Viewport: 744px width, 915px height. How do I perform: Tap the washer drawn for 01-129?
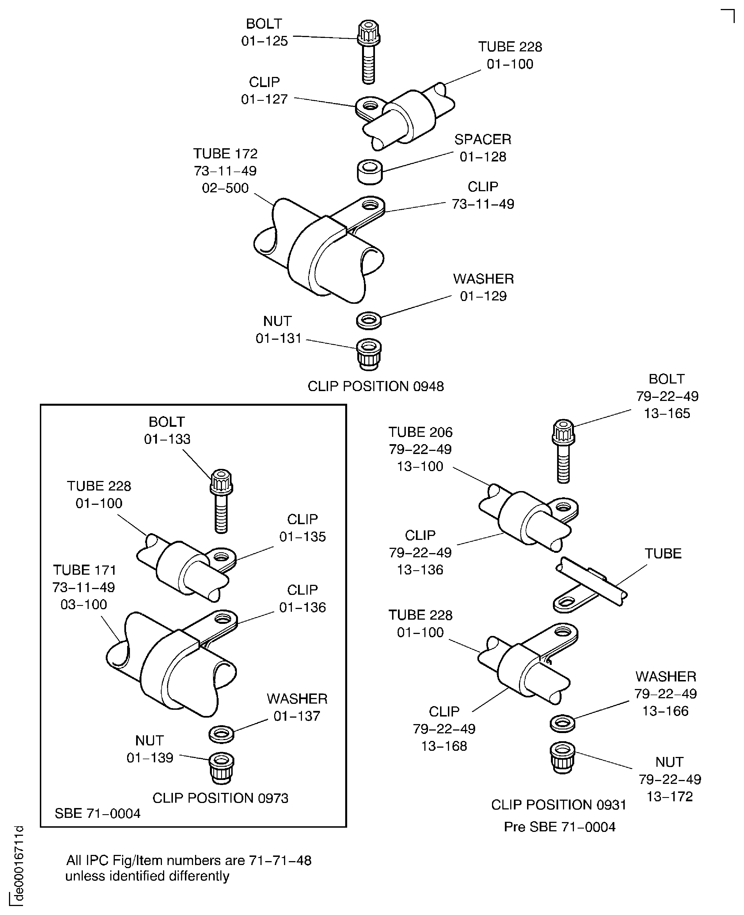[x=368, y=320]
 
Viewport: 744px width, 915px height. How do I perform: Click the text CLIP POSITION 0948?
[x=376, y=386]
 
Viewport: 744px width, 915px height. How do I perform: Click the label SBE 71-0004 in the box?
[x=97, y=813]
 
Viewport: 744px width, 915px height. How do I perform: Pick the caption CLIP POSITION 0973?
[x=220, y=798]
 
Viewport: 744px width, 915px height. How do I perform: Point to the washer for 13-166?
[x=563, y=723]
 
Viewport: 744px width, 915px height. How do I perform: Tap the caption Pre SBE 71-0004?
[x=559, y=827]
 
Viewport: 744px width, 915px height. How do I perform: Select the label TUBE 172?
[x=225, y=154]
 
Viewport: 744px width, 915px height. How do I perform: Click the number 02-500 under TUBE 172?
[x=225, y=188]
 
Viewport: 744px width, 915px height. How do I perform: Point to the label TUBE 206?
[x=420, y=432]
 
